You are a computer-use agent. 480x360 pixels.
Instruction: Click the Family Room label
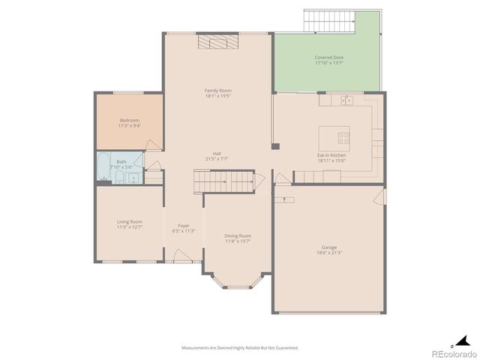tap(218, 91)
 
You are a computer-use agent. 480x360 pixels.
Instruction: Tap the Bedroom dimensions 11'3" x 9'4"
tap(129, 126)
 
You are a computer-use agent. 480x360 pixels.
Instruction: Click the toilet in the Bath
tap(118, 177)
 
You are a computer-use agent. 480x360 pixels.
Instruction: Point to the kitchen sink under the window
tap(346, 100)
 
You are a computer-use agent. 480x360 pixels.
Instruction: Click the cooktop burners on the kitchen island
tap(343, 137)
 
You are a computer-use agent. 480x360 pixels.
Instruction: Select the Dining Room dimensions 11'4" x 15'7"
tap(238, 241)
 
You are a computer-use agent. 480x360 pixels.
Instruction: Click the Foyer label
tap(183, 226)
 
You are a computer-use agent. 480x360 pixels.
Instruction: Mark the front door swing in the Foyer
tap(181, 256)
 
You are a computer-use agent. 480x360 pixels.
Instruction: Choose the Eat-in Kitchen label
tap(331, 155)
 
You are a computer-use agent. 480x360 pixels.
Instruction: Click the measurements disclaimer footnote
tap(239, 348)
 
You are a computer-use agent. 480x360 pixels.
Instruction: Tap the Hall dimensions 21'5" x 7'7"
tap(217, 159)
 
